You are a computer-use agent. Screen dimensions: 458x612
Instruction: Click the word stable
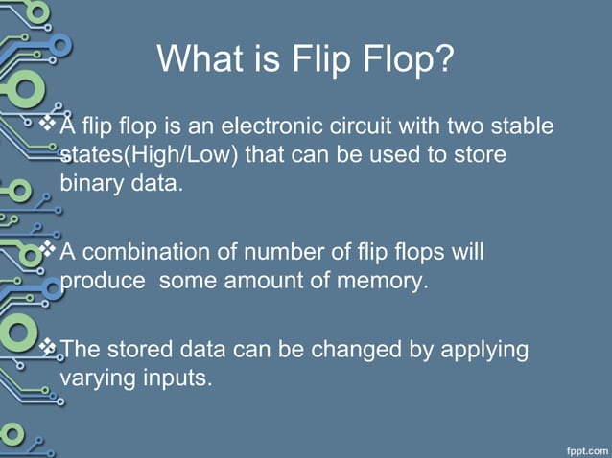point(522,126)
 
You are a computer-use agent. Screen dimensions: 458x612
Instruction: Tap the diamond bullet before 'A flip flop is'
point(52,125)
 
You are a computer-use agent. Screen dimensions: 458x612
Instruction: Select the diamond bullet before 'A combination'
point(52,251)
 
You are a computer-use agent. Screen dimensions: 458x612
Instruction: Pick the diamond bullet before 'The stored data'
point(52,348)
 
